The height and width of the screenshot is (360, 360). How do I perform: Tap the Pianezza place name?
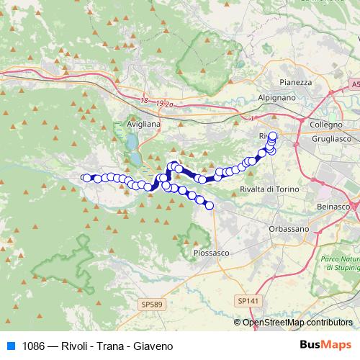coord(296,82)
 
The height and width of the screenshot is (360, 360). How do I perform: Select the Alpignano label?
coord(276,96)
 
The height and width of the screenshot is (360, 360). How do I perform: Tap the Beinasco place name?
coord(333,207)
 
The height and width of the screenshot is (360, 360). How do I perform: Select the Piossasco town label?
coord(211,253)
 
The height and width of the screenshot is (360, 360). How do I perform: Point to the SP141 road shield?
coord(247,300)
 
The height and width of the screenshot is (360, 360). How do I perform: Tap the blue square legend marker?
coord(11,346)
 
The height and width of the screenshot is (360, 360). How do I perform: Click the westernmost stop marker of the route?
coord(85,178)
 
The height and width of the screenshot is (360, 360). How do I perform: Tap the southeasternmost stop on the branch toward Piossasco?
coord(210,206)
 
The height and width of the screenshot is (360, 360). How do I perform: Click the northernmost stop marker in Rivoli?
coord(273,135)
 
